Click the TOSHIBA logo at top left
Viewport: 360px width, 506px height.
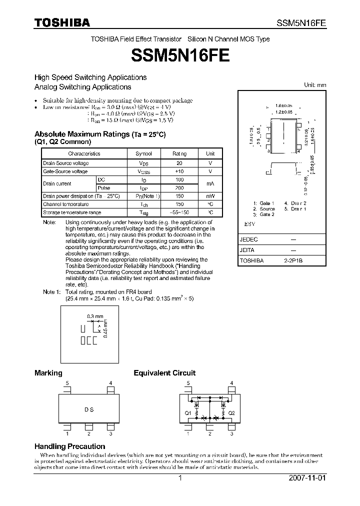(x=62, y=22)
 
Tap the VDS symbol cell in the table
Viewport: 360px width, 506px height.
(x=144, y=163)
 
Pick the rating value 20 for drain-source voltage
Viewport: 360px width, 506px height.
(x=179, y=163)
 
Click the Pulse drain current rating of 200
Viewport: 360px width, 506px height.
(x=179, y=187)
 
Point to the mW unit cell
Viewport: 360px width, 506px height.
(x=210, y=196)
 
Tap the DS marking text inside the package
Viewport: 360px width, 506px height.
(x=89, y=409)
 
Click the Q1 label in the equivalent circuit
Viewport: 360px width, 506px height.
(x=187, y=413)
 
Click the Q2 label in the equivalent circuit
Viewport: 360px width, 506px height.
(x=231, y=413)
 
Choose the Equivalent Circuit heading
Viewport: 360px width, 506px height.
(x=164, y=373)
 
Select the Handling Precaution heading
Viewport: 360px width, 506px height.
(x=69, y=446)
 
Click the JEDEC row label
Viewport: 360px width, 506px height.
(x=248, y=239)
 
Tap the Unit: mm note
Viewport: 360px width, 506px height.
(x=315, y=85)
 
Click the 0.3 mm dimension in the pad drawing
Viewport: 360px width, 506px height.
(x=95, y=316)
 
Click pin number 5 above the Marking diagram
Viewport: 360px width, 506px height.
(x=67, y=383)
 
